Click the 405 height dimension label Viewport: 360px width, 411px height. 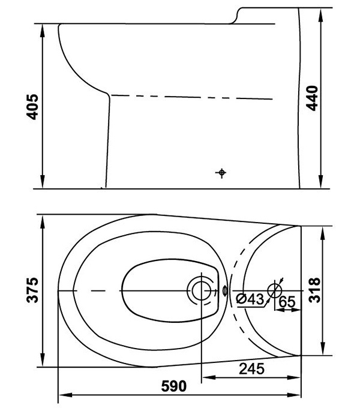[x=33, y=107]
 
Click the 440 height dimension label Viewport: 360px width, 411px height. [x=312, y=98]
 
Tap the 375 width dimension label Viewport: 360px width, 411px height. [x=33, y=290]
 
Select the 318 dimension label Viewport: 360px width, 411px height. [x=314, y=290]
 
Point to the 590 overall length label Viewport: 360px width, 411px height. [x=174, y=386]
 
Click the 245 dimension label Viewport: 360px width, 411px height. [x=251, y=369]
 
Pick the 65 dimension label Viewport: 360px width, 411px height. [x=287, y=302]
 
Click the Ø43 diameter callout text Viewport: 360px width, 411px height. [x=250, y=299]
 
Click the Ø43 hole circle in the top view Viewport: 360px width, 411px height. [x=274, y=290]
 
